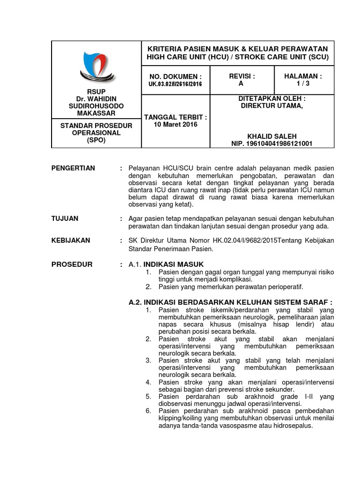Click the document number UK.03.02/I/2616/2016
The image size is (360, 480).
click(176, 84)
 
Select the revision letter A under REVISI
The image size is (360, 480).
click(241, 83)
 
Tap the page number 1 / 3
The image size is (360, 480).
click(303, 83)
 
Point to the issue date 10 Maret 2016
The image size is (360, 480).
click(176, 125)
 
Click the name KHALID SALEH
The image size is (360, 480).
click(272, 136)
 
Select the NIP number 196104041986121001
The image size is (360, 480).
click(272, 143)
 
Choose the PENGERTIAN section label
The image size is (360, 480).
click(73, 168)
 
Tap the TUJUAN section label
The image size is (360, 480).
click(65, 218)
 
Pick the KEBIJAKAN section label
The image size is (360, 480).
click(71, 240)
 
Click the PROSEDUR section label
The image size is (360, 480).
click(72, 264)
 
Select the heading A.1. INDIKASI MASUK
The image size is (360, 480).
click(166, 264)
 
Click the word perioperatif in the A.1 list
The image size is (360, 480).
click(285, 287)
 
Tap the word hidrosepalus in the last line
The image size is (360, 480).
click(292, 426)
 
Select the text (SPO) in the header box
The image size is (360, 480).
click(96, 140)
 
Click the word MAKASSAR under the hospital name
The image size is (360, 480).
click(96, 113)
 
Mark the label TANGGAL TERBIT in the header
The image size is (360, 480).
click(176, 117)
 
